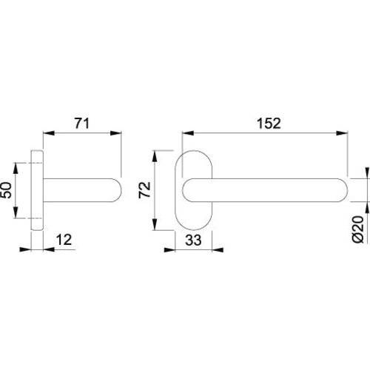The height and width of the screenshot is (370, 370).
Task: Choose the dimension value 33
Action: (x=194, y=240)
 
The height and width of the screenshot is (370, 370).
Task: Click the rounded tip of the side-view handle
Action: (x=117, y=191)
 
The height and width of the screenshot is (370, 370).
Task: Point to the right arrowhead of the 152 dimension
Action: (x=346, y=133)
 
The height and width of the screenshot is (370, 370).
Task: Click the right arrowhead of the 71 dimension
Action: (x=117, y=133)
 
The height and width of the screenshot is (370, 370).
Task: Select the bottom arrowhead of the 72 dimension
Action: (x=155, y=228)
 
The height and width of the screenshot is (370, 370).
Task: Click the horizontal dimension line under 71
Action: (x=81, y=133)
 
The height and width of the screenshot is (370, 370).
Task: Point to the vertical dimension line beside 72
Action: (x=155, y=191)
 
